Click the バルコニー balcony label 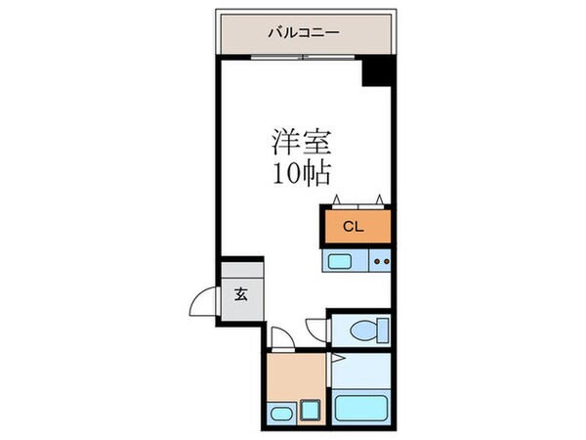pos(304,33)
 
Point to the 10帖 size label pos(303,174)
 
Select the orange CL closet pos(356,226)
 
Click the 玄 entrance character pos(240,292)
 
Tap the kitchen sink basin pos(343,261)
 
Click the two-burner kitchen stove pos(381,261)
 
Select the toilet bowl pos(363,330)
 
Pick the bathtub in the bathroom pos(362,406)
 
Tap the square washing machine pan pos(312,408)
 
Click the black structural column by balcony pos(378,72)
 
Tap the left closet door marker pos(338,200)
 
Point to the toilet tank pos(384,330)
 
